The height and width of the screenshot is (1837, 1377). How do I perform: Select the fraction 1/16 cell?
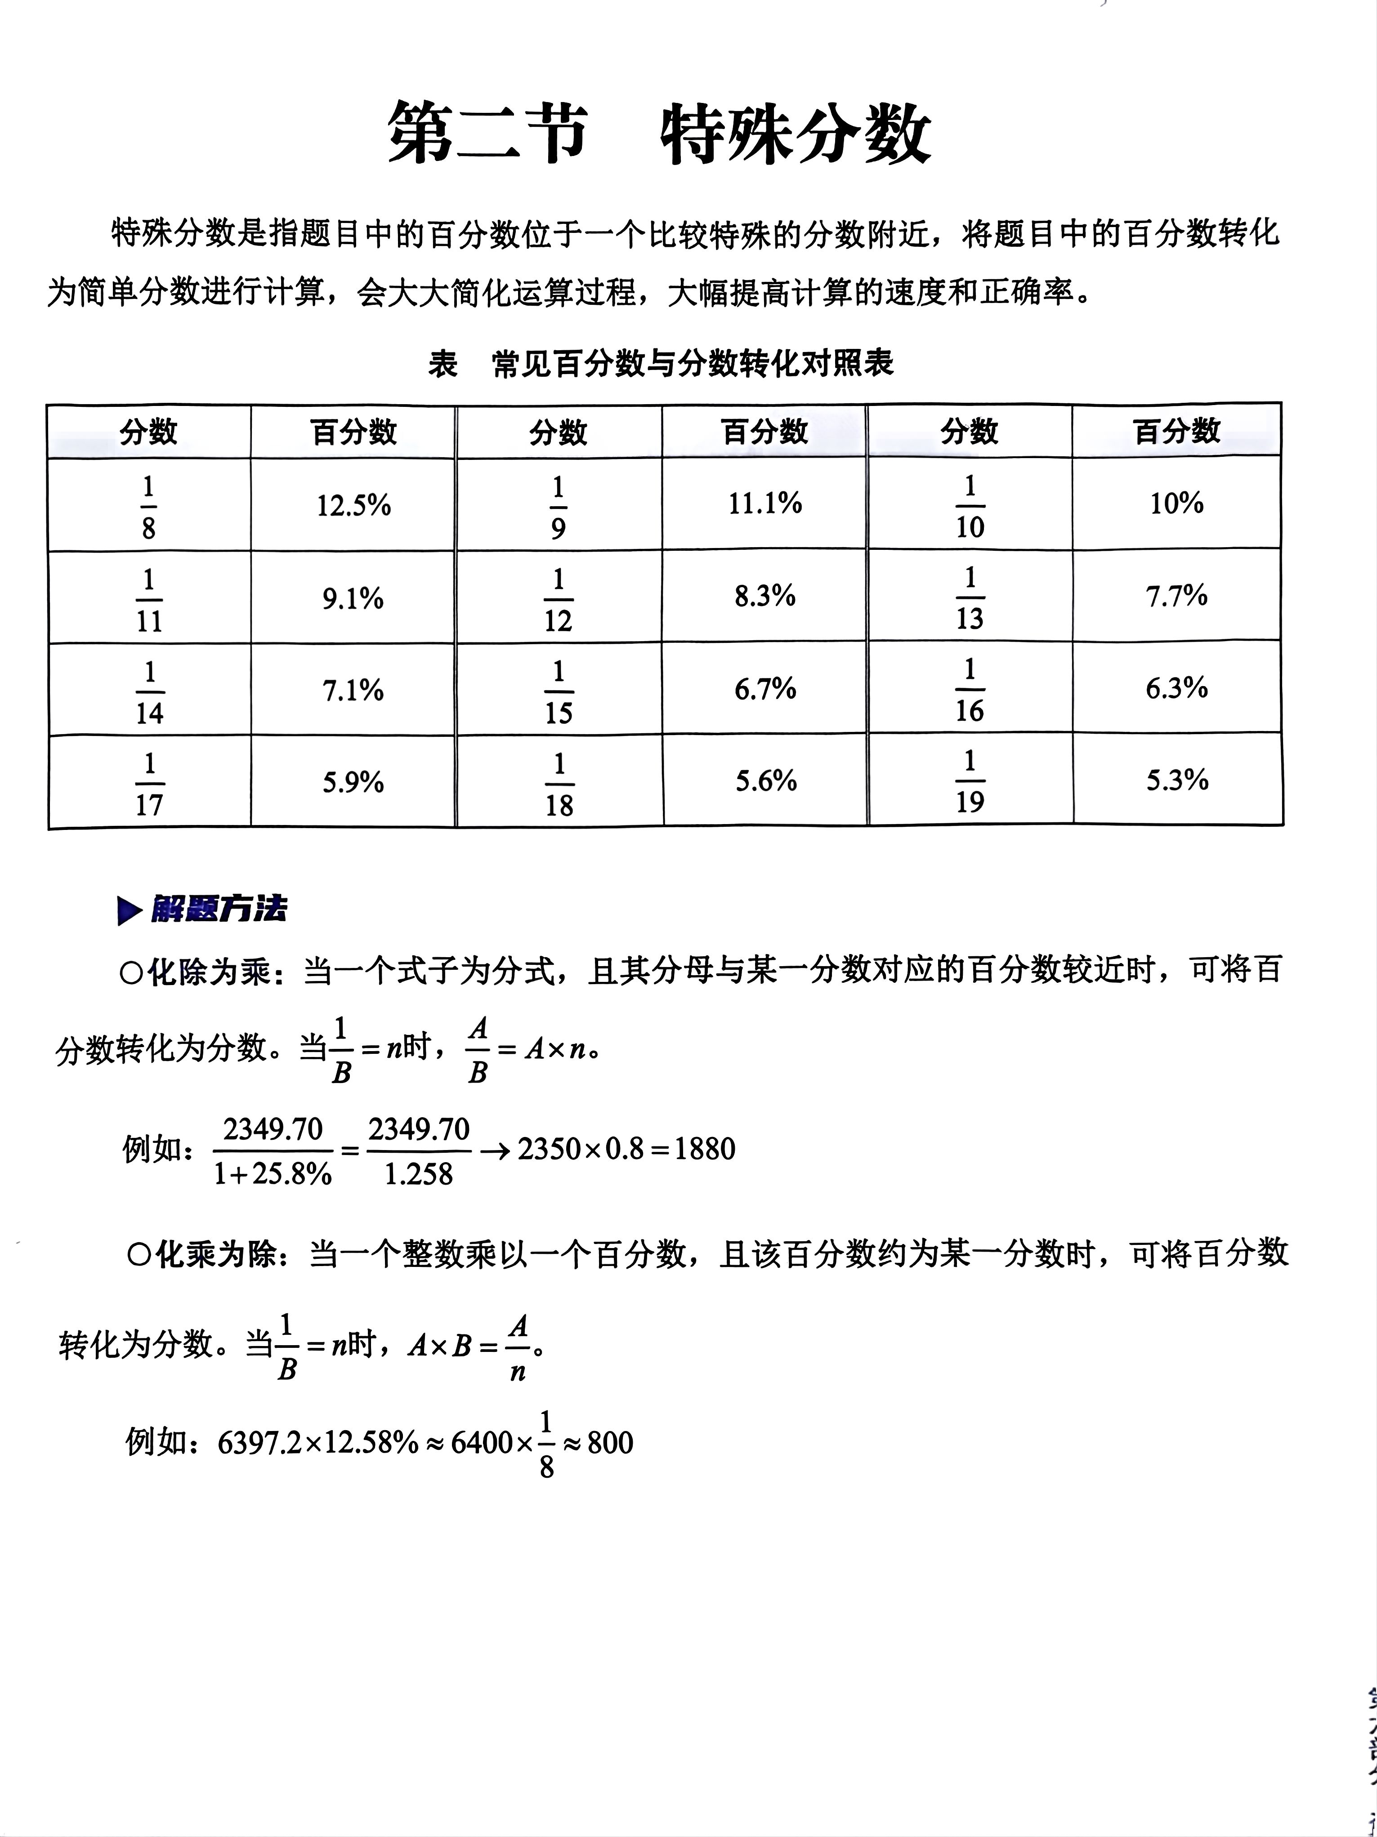pos(969,689)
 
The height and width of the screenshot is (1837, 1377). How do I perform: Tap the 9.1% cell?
pos(353,598)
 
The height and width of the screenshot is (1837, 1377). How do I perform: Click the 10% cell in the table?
pos(1176,503)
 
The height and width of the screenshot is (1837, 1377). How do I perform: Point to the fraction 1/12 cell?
pos(558,598)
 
